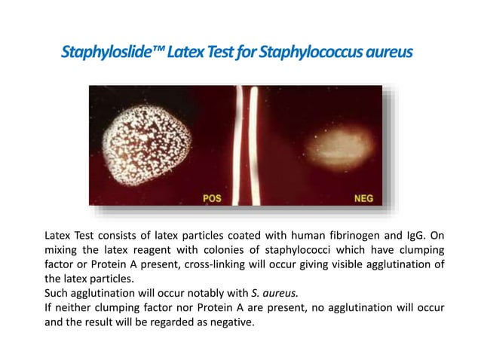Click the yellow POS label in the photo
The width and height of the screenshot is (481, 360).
[213, 199]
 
